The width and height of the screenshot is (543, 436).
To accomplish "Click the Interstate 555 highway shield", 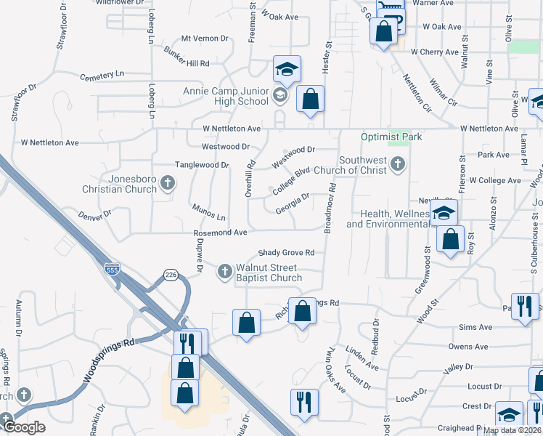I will (x=111, y=269).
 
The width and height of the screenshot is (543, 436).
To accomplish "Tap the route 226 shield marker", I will (x=171, y=275).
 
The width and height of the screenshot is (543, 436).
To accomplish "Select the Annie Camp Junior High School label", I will (x=226, y=96).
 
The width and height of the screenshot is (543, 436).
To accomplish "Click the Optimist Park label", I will (x=392, y=137).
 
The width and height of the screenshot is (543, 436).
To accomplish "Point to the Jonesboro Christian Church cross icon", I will (x=168, y=182).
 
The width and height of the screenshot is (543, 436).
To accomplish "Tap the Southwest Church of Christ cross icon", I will (x=396, y=165).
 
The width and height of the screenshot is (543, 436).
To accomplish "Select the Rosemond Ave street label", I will (x=221, y=233).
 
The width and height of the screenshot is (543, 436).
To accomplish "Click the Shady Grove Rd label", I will (x=287, y=253).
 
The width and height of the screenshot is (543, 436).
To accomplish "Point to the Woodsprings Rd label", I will (x=110, y=360).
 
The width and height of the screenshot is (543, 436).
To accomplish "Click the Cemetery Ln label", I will (x=102, y=74).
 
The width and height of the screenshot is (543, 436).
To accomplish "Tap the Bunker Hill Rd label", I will (x=187, y=58).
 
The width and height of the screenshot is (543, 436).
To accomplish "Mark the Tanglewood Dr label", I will (x=202, y=165).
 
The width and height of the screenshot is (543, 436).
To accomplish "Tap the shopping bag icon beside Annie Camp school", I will (x=310, y=100).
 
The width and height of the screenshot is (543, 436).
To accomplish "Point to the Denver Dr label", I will (x=97, y=215).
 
